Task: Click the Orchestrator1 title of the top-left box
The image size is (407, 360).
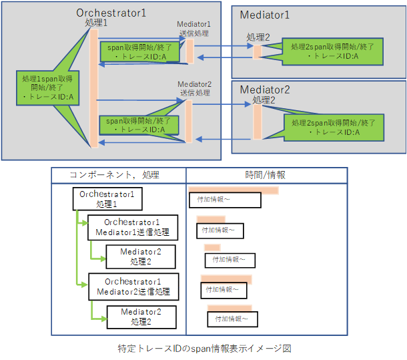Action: point(111,13)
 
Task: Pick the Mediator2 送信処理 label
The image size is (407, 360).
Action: point(194,88)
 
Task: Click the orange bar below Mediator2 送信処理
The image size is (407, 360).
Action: point(189,121)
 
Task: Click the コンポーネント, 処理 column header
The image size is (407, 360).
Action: point(114,176)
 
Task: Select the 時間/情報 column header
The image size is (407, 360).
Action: point(265,176)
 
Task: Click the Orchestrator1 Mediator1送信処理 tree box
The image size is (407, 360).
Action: point(132,228)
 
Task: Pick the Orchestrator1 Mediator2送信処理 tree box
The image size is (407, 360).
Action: point(132,286)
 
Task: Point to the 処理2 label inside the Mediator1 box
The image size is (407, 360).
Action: point(258,37)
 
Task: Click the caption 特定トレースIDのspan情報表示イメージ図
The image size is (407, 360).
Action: point(204,348)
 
